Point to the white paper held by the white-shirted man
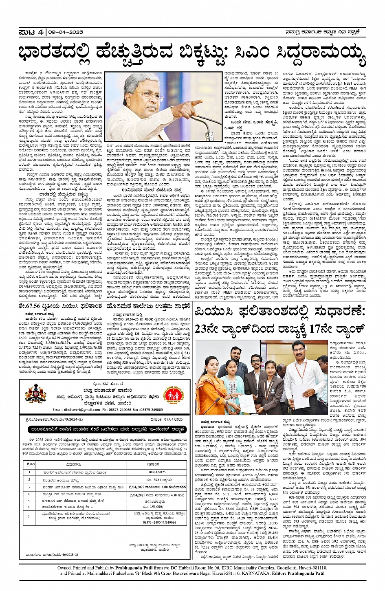(x=304, y=391)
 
